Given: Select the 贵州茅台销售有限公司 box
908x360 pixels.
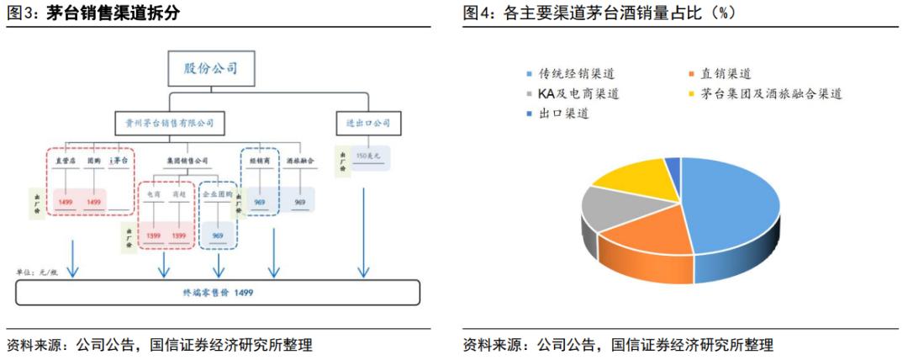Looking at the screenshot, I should pos(171,123).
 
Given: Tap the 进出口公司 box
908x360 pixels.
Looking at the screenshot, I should pos(368,123).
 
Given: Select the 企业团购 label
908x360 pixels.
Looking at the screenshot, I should pos(218,193).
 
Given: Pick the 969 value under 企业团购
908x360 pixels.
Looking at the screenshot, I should pos(218,236).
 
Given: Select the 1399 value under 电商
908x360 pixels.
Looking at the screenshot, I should pos(154,236).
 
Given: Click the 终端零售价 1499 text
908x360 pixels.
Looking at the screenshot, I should pos(218,292).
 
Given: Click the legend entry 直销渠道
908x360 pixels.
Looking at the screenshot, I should pos(724,74).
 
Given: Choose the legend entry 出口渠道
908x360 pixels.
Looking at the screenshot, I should pos(562,113).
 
